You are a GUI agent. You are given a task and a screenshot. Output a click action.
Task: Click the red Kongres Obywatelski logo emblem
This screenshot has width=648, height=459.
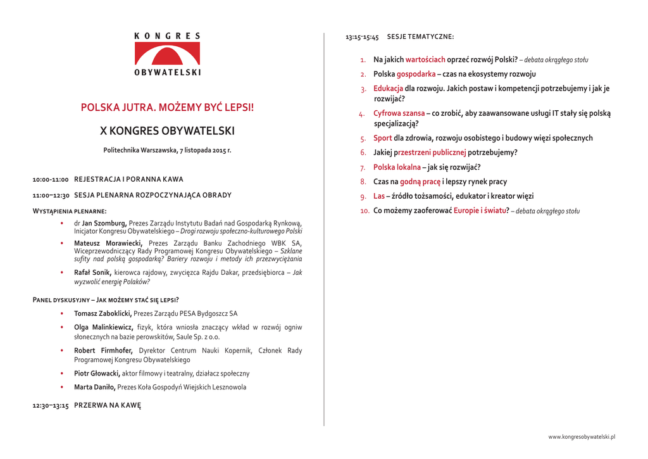pos(167,53)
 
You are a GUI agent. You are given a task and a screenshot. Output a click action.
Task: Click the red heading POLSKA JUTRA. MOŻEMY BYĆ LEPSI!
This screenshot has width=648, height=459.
pos(167,108)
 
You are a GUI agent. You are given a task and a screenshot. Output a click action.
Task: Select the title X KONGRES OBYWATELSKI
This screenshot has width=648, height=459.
pos(167,131)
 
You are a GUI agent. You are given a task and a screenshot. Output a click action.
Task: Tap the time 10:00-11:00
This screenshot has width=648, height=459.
pos(51,180)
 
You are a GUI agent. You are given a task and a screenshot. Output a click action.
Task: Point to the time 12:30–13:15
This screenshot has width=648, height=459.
pos(51,405)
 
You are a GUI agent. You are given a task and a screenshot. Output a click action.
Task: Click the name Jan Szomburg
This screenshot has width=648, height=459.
pos(104,223)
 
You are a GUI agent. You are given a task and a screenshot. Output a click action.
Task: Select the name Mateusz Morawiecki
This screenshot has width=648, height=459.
pos(108,243)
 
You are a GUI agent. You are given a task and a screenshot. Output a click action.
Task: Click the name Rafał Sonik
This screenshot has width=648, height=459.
pos(92,272)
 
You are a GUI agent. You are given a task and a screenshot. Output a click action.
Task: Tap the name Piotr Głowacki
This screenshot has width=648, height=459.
pos(97,374)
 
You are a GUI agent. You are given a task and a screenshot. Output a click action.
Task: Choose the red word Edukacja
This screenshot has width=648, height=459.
pos(388,89)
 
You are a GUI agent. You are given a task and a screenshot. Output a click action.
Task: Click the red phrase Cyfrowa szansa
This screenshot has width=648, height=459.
pos(399,113)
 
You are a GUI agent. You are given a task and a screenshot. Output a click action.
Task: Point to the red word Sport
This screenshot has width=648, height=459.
pos(382,138)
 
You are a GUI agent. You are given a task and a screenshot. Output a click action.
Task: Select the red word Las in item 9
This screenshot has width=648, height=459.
pos(378,196)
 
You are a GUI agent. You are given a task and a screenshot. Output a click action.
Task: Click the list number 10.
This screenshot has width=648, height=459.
pos(365,211)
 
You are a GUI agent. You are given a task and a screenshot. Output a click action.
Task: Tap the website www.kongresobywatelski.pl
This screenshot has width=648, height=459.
pos(582,437)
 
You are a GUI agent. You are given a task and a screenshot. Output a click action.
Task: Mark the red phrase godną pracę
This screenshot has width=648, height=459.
pos(420,182)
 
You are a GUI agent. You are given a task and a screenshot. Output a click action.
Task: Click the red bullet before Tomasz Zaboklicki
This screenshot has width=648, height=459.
pos(61,313)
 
